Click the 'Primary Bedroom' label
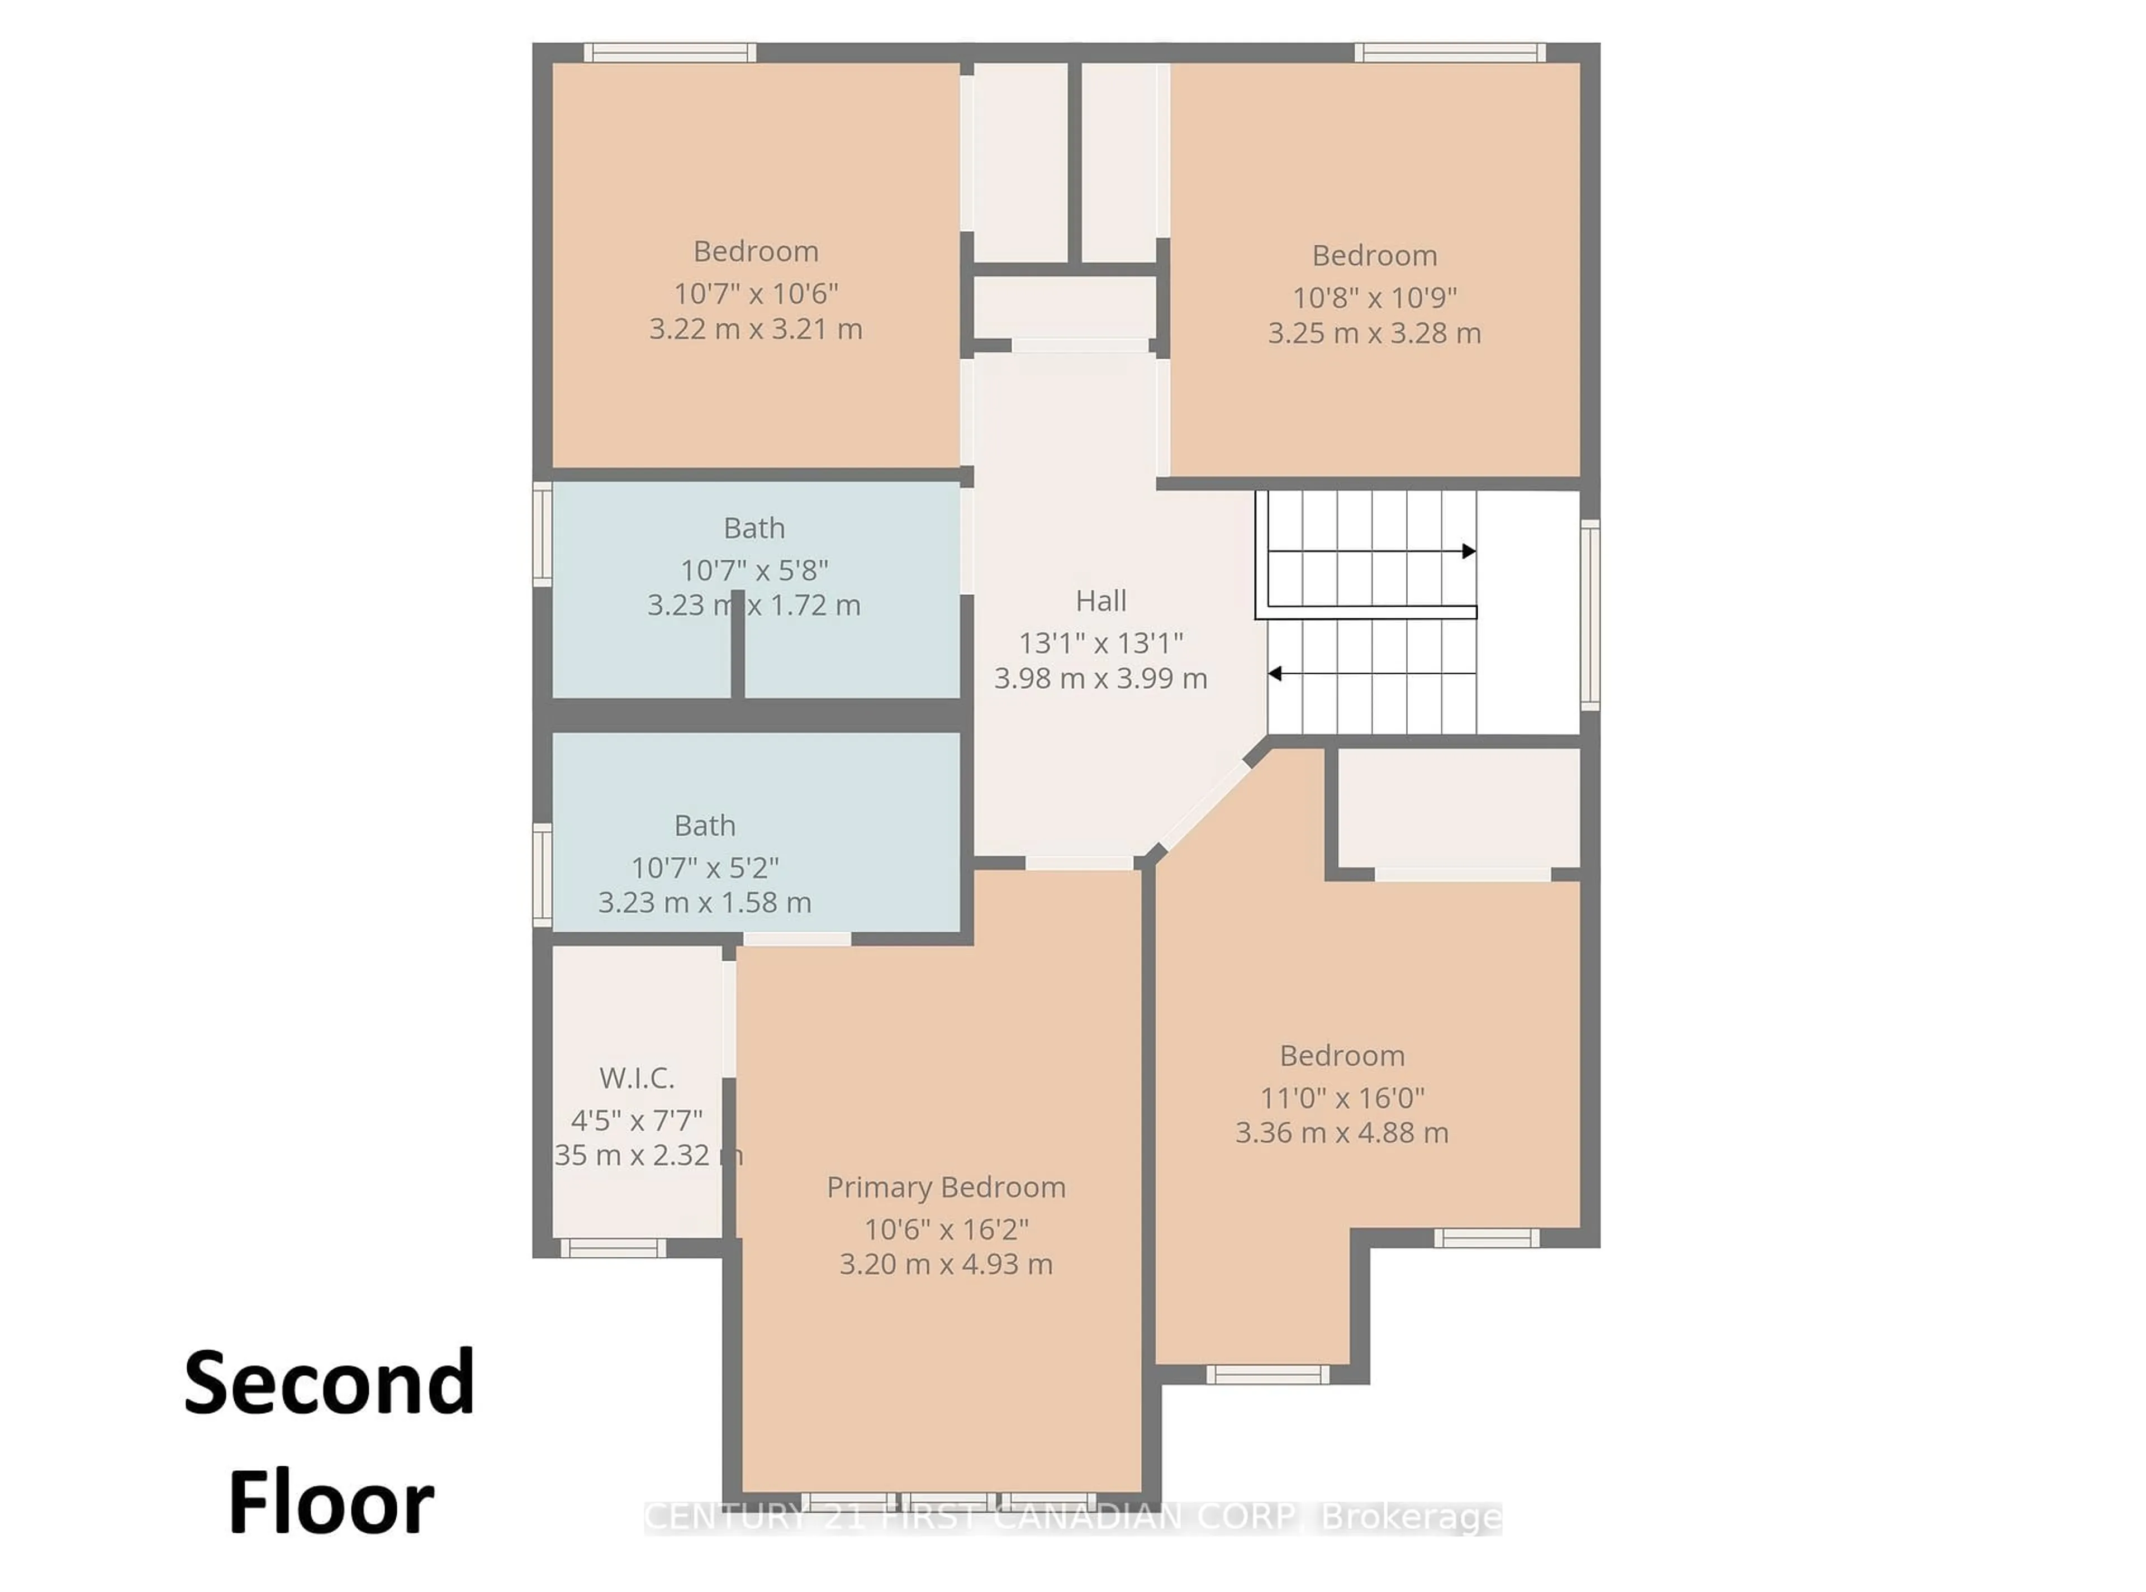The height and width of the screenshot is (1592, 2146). pos(946,1187)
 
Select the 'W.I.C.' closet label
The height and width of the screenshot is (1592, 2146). pos(637,1078)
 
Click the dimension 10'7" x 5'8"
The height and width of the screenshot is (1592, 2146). pos(754,570)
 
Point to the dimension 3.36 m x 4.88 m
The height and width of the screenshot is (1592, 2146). pos(1341,1132)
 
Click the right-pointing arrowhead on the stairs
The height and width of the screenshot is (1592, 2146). pos(1468,551)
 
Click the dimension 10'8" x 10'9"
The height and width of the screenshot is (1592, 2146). pos(1374,298)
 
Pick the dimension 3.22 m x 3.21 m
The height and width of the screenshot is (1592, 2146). pos(755,330)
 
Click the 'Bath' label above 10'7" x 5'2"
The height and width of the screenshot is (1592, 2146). pos(705,826)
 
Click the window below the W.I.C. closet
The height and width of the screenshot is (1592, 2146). pos(613,1248)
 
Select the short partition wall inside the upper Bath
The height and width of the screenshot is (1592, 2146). pos(738,643)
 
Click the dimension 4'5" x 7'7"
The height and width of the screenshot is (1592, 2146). pos(637,1120)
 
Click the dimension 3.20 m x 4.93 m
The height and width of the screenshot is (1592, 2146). pos(946,1264)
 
